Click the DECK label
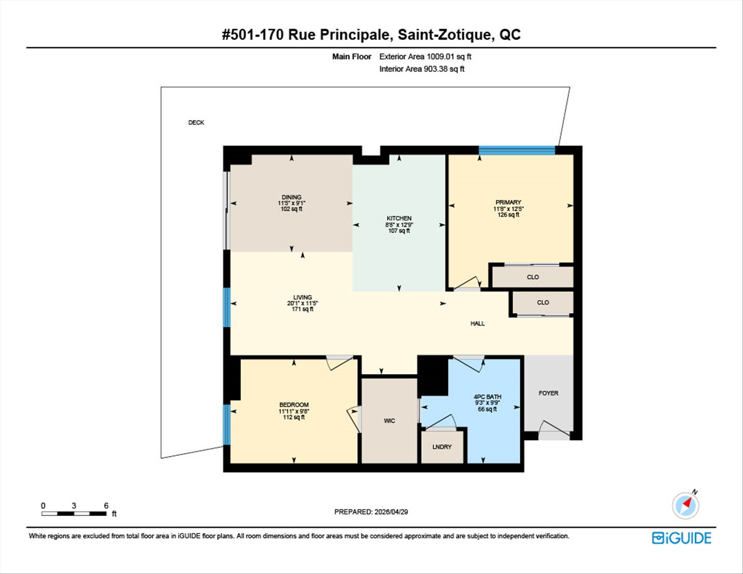tap(196, 122)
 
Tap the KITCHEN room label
tap(399, 218)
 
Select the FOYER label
tap(548, 393)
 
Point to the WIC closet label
tap(389, 421)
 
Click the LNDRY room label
tap(442, 447)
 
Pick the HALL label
tap(478, 323)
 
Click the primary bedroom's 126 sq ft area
tap(508, 215)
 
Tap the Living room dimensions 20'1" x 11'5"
tap(303, 303)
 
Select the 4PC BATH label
tap(487, 397)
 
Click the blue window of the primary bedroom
tap(517, 150)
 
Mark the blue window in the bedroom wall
tap(227, 425)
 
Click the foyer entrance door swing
tap(554, 428)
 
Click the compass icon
tap(686, 505)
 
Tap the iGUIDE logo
tap(681, 538)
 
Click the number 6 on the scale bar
tap(106, 505)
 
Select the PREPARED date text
tap(371, 512)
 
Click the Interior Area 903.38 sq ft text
tap(422, 69)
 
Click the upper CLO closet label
tap(533, 277)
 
